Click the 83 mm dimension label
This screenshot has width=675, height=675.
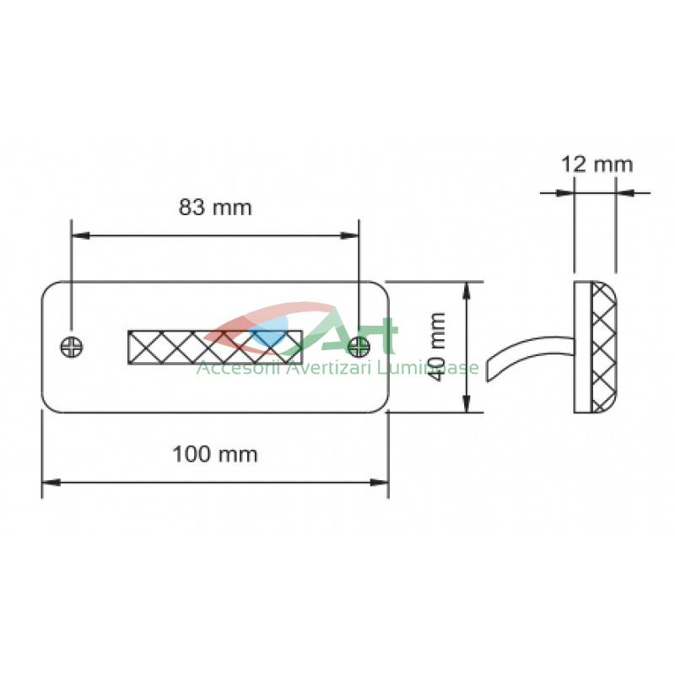[215, 208]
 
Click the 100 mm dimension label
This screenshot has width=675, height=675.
[215, 455]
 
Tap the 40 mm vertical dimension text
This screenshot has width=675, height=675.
[437, 347]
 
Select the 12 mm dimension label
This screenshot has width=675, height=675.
[597, 165]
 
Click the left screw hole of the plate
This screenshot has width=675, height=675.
[72, 347]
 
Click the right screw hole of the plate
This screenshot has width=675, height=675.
[359, 347]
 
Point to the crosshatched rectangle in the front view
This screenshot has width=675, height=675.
[215, 348]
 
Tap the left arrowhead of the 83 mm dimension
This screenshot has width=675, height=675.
[80, 235]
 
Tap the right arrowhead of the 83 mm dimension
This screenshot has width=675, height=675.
[349, 235]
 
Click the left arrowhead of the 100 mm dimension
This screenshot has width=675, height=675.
[51, 483]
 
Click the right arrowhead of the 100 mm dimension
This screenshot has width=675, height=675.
[380, 483]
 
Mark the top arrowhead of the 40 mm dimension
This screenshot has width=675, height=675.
[467, 291]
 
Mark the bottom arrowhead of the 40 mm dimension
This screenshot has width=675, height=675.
[467, 403]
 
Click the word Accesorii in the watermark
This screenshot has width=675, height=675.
[236, 369]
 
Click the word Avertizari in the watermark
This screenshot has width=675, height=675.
[327, 369]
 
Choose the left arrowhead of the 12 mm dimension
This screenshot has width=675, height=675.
[565, 192]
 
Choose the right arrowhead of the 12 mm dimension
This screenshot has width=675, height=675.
[625, 192]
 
